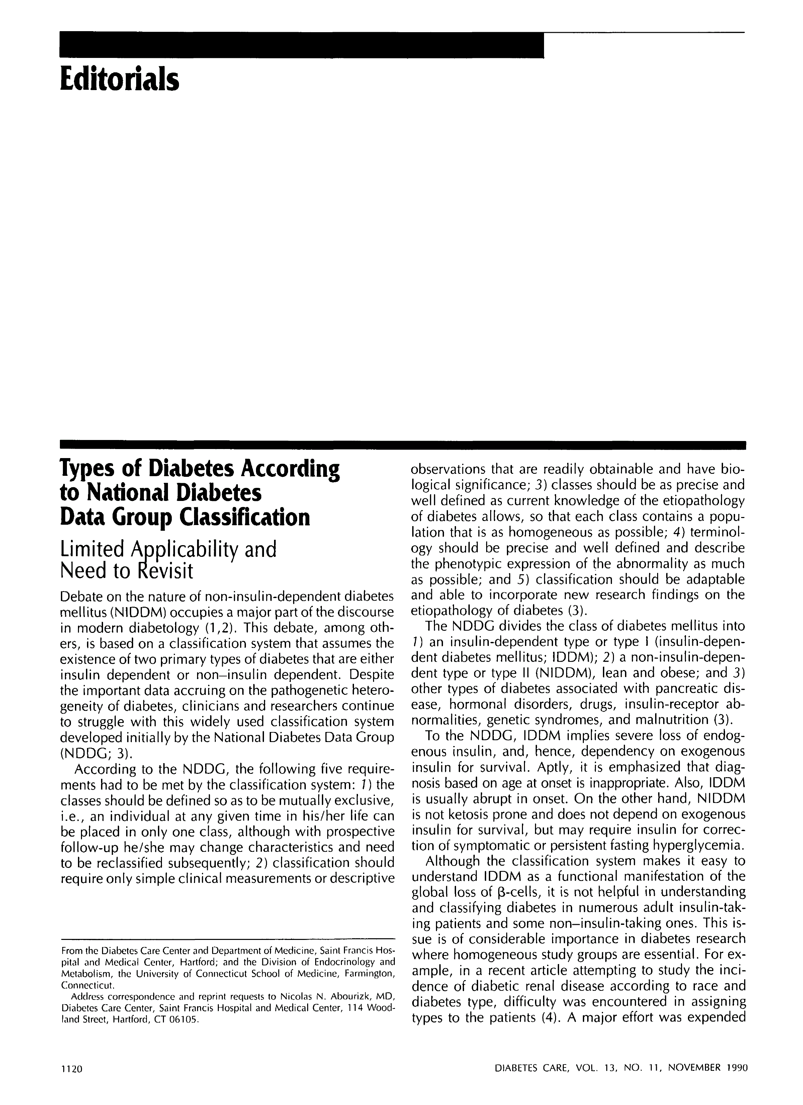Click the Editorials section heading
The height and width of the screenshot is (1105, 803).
119,79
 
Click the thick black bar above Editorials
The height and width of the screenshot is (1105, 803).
301,45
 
